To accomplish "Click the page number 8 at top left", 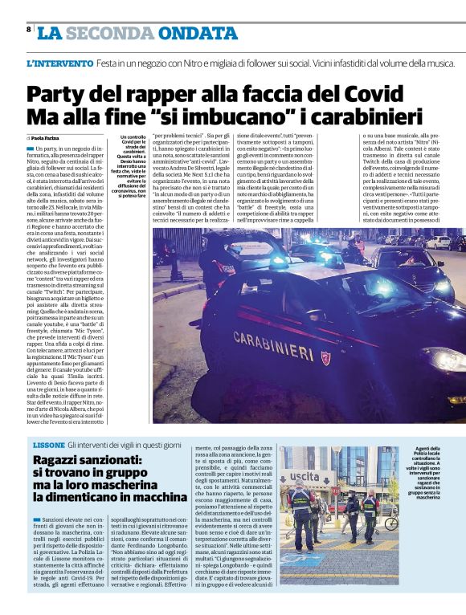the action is click(x=29, y=29).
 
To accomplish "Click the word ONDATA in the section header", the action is click(x=194, y=33).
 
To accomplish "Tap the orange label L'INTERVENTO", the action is click(x=59, y=63).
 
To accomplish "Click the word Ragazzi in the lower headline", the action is click(x=63, y=460).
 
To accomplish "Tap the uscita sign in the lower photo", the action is click(x=305, y=477).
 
